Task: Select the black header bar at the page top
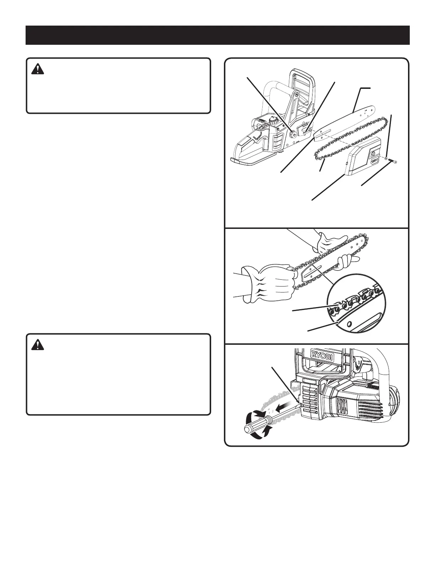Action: point(217,35)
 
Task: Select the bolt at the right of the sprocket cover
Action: point(394,162)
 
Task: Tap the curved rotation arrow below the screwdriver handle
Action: point(265,433)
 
